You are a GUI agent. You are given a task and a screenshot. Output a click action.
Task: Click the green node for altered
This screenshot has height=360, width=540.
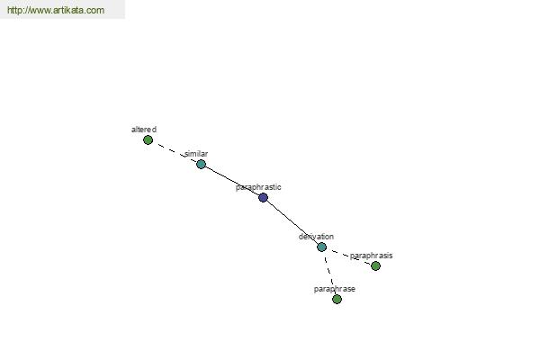coord(148,139)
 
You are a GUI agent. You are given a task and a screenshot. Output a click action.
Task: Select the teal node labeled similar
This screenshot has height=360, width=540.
coord(201,164)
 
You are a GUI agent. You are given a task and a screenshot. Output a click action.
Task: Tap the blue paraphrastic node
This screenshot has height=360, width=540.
coord(263,197)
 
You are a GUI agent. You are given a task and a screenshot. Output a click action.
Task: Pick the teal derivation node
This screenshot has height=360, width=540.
coord(321,247)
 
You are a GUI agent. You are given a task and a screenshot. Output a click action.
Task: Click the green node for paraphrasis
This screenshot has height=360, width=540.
coord(375,265)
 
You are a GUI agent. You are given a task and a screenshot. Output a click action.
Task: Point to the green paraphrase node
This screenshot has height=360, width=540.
coord(337,299)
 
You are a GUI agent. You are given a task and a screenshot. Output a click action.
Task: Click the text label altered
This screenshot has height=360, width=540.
coord(144,130)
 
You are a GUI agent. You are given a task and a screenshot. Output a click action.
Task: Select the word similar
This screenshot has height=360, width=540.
coord(196,154)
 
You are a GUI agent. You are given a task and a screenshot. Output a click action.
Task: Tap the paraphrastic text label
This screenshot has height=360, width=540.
coord(258,187)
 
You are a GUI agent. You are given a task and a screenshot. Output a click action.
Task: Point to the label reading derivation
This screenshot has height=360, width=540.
coord(316,237)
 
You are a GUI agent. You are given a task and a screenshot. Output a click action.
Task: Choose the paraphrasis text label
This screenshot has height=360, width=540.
coord(371,256)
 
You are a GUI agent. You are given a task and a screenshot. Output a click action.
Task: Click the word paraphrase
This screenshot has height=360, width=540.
coord(335,289)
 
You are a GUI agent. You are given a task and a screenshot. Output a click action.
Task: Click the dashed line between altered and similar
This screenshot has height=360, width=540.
coord(175,152)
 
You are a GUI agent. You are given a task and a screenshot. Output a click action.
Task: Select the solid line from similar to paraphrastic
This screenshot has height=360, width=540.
coord(232,181)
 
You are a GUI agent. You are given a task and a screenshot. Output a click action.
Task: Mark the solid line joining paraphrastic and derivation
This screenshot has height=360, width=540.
coord(292,222)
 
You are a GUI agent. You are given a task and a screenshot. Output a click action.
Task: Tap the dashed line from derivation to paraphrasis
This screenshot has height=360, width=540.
coord(348,256)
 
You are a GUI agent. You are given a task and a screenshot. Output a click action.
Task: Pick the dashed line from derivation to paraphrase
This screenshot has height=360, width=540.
coord(329,273)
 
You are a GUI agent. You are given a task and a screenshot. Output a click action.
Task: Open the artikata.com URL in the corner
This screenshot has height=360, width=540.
coord(56,10)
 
